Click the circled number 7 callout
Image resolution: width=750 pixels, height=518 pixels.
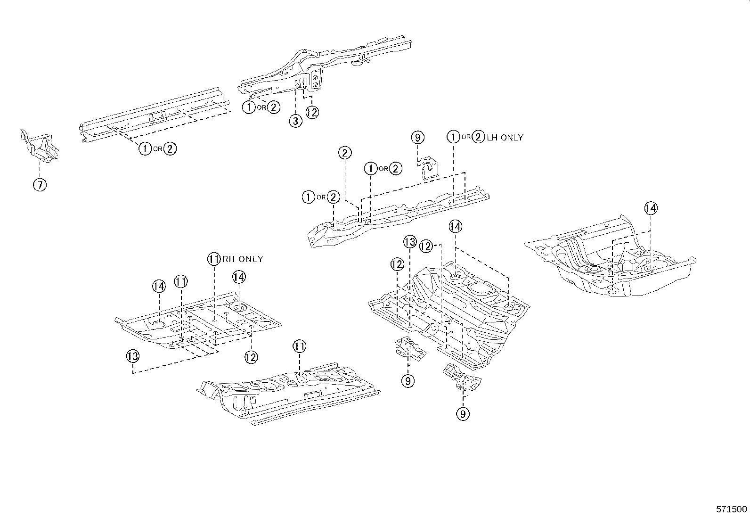40,185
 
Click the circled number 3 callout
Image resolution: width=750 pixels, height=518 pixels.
295,121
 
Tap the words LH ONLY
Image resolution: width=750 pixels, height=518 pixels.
505,137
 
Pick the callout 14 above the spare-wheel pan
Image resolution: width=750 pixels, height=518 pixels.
651,208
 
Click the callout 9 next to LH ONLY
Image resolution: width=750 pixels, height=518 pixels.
417,137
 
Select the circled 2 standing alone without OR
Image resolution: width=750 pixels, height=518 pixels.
345,153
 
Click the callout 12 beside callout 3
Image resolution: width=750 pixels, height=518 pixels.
312,112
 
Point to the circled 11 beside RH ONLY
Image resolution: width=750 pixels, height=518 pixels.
214,259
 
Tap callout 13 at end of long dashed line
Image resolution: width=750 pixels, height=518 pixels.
132,356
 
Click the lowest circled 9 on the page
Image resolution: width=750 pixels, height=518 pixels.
463,414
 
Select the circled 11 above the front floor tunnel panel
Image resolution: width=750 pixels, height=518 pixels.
299,346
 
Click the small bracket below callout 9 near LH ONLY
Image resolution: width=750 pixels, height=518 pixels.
429,169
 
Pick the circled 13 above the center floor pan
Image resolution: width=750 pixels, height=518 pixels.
410,242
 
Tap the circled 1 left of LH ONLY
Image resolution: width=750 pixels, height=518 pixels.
453,137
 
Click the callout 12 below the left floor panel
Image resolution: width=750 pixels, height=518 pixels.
251,357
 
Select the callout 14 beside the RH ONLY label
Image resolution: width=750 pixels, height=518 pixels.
239,277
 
